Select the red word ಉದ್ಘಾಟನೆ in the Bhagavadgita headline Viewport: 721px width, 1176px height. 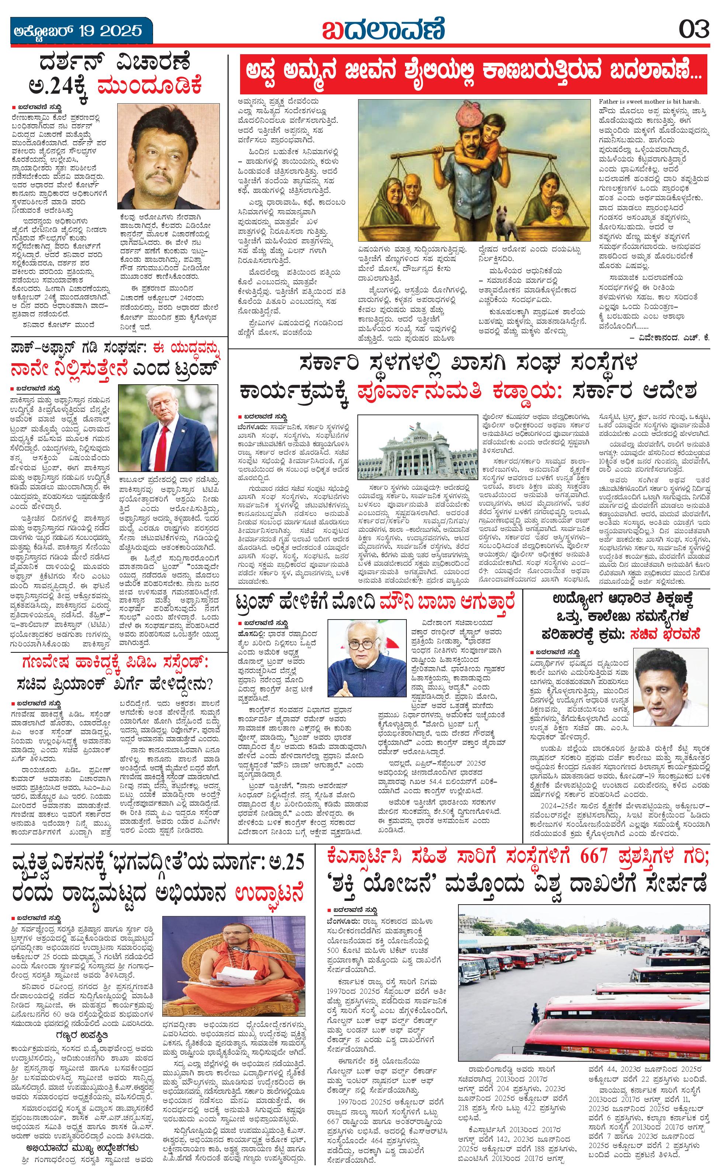pos(269,892)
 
